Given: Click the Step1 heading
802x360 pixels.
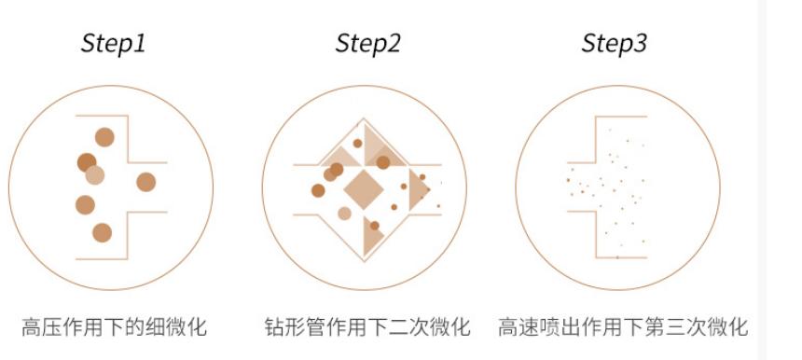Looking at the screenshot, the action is (113, 44).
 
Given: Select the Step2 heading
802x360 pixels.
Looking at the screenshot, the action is (367, 44).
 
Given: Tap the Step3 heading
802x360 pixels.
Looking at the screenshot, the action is (614, 44).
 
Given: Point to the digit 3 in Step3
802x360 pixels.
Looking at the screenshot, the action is (640, 43).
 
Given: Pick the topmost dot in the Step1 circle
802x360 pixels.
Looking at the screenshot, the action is (104, 137).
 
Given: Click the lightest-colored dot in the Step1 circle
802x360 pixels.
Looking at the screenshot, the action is (94, 175).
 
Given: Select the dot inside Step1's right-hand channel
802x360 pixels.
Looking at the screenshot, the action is (145, 182).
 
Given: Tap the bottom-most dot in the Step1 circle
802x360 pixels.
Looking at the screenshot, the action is (102, 232).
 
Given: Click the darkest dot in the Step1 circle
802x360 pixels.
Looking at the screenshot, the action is (86, 162).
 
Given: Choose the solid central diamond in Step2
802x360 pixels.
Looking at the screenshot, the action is (364, 189).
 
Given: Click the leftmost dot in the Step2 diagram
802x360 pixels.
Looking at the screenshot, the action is (318, 191).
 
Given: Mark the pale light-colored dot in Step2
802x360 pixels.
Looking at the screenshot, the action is (345, 214).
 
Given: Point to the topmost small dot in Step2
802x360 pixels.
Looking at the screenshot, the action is (357, 144).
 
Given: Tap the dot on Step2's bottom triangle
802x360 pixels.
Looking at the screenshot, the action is (374, 226).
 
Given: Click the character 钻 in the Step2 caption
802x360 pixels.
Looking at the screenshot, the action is (275, 327).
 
